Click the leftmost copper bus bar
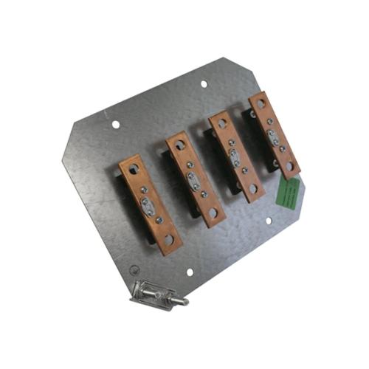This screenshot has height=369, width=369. pos(151,204)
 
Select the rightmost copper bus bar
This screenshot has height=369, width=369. pos(274,135)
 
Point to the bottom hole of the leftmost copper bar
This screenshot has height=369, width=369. pos(168,240)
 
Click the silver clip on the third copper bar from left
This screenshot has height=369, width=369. pos(235,156)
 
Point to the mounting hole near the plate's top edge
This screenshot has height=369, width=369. pos(204,83)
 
